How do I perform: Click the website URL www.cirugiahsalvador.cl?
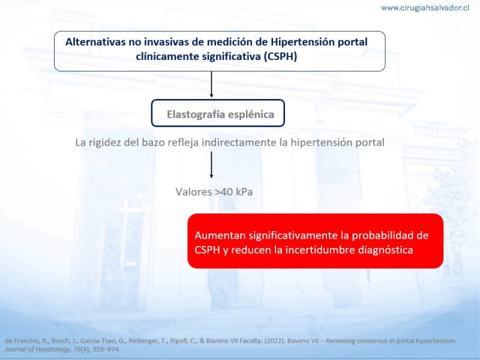click(425, 8)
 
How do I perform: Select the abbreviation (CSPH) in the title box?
click(280, 56)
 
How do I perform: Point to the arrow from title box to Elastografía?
click(211, 85)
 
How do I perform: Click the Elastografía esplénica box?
click(218, 113)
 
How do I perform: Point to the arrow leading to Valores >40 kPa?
click(211, 164)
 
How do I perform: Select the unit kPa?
click(244, 192)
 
